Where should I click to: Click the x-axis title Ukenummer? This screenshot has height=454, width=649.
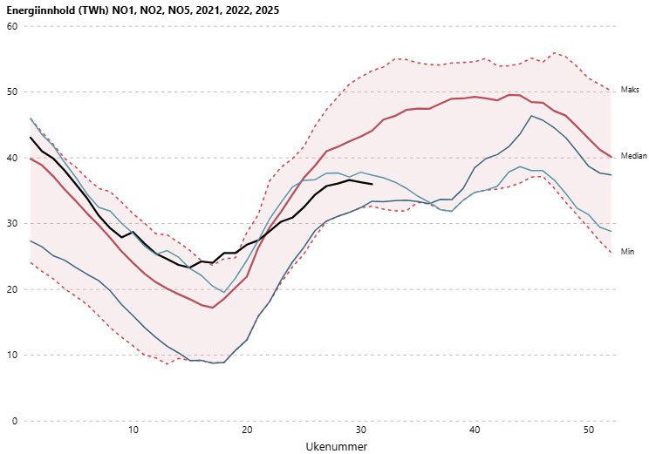[336, 446]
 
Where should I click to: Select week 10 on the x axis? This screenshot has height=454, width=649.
[133, 430]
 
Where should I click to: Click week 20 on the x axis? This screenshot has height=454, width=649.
[247, 430]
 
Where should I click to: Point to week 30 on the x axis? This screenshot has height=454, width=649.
[361, 430]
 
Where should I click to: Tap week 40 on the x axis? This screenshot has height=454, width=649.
[475, 430]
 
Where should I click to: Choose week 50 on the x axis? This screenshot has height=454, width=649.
[589, 430]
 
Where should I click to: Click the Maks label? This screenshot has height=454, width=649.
[630, 90]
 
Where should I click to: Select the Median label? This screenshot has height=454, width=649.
[633, 156]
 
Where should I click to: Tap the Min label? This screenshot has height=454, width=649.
[627, 251]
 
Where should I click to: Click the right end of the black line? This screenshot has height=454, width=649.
[372, 184]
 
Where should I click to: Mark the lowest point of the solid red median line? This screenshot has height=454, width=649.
[213, 308]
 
